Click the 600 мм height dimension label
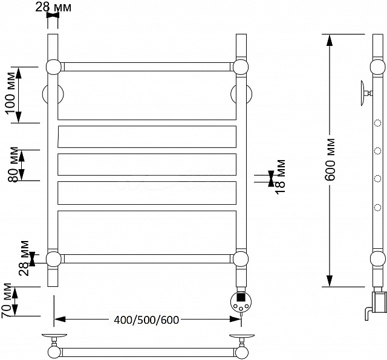(330, 159)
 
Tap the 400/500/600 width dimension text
(146, 320)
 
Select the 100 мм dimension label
(11, 92)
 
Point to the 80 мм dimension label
(13, 165)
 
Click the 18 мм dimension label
(281, 177)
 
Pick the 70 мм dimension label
(7, 301)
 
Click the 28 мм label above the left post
(53, 7)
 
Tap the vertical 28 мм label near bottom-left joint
(24, 258)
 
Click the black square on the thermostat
(241, 296)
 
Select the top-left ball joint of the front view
(54, 67)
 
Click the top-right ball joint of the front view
(241, 67)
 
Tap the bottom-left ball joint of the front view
(54, 259)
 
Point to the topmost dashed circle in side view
(377, 123)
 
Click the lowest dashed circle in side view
(377, 208)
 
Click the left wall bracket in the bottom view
(54, 339)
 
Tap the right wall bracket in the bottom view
(242, 339)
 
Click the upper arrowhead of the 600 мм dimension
(330, 40)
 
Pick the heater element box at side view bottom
(379, 302)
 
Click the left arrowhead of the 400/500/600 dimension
(60, 320)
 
